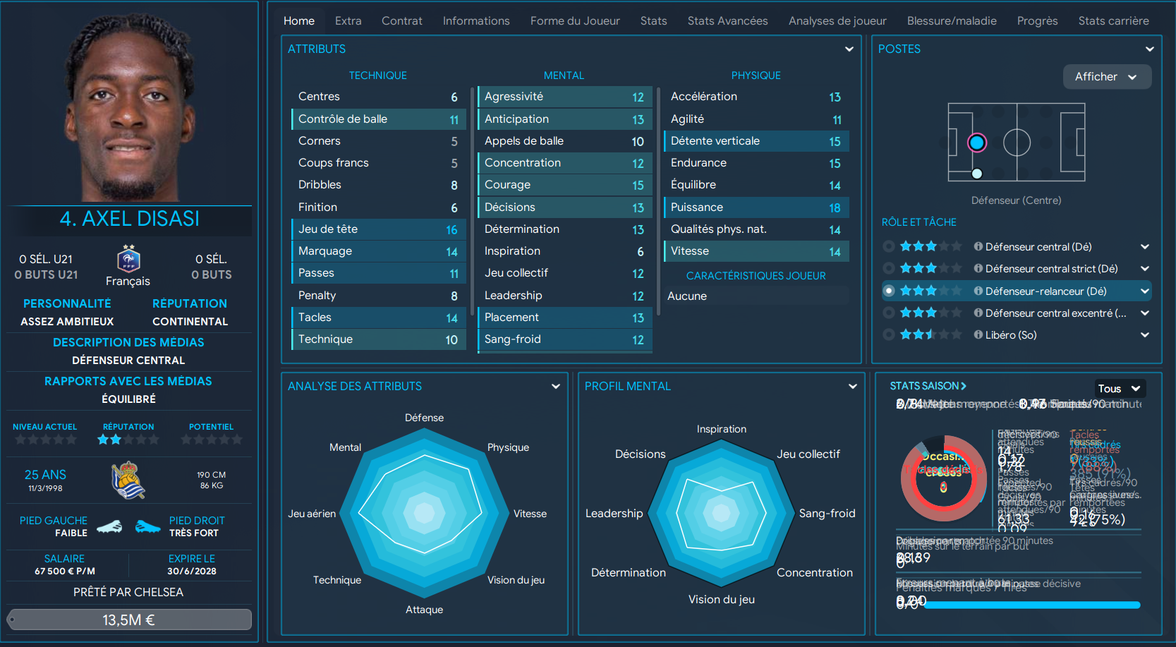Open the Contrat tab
(401, 21)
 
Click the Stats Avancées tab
(727, 21)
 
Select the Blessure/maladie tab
(951, 21)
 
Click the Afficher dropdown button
(1106, 77)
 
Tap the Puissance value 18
(835, 207)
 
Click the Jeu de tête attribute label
(328, 229)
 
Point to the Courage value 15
(638, 185)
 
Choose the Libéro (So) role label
(1010, 335)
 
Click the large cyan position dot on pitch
(976, 143)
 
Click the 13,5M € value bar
(129, 619)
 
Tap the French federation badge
(128, 260)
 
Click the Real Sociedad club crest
(128, 480)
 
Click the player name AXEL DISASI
(130, 219)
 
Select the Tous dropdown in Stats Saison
(1119, 388)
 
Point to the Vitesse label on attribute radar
(530, 514)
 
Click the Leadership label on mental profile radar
(614, 514)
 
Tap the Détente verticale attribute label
(715, 141)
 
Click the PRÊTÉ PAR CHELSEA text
(128, 592)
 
